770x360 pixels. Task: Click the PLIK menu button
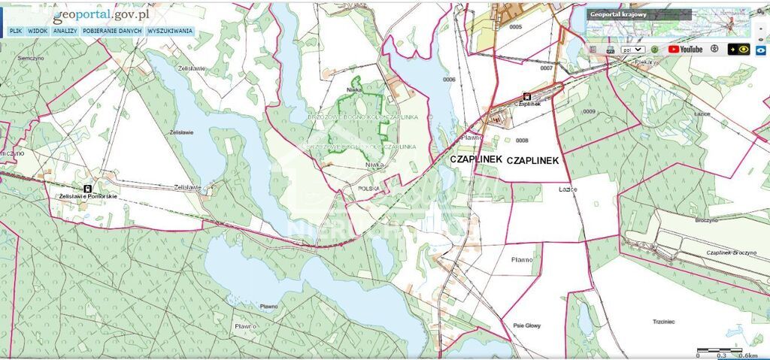15,32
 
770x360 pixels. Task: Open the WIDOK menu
38,32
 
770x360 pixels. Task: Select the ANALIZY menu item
65,32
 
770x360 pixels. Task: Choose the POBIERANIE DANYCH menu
113,32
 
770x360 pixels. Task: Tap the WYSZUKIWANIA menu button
170,32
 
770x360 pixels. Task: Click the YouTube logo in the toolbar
685,49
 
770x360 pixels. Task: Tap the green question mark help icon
655,49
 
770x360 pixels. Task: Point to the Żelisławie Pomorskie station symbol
87,189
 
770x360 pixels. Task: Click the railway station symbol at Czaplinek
526,96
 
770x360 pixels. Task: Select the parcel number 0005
514,26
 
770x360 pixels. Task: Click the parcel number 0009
588,111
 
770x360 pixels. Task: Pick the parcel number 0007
546,68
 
